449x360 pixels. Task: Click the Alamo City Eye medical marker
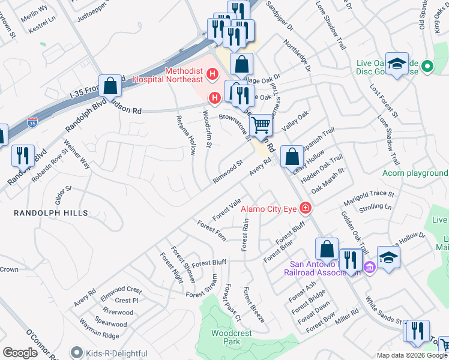pos(306,208)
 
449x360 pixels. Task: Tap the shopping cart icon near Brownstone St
pos(261,126)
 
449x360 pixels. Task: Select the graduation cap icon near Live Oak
pos(397,65)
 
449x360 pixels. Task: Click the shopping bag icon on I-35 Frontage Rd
pos(110,86)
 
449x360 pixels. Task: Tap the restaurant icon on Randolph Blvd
pos(22,155)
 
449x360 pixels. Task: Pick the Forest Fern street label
pos(211,231)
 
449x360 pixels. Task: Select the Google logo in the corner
pos(20,353)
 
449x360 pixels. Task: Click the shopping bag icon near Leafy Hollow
pos(291,157)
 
